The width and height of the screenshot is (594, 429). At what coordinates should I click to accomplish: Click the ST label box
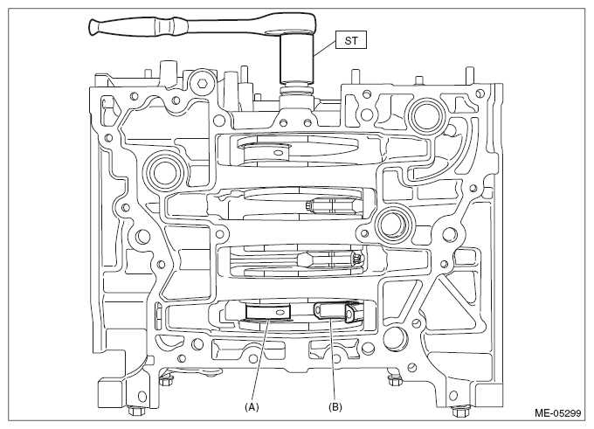pyautogui.click(x=351, y=40)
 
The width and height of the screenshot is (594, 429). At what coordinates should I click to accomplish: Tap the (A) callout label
pyautogui.click(x=252, y=407)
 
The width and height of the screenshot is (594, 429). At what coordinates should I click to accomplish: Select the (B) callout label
pyautogui.click(x=335, y=407)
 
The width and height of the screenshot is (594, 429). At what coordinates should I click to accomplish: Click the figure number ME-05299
pyautogui.click(x=557, y=413)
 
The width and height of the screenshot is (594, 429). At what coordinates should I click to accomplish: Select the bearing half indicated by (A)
pyautogui.click(x=267, y=313)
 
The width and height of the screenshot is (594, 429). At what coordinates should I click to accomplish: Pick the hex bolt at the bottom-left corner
pyautogui.click(x=135, y=411)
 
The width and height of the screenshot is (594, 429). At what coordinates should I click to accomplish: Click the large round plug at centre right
pyautogui.click(x=392, y=226)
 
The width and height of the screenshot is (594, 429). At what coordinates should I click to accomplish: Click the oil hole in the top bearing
pyautogui.click(x=279, y=153)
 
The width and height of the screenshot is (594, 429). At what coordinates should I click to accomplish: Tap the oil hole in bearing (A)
pyautogui.click(x=280, y=312)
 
